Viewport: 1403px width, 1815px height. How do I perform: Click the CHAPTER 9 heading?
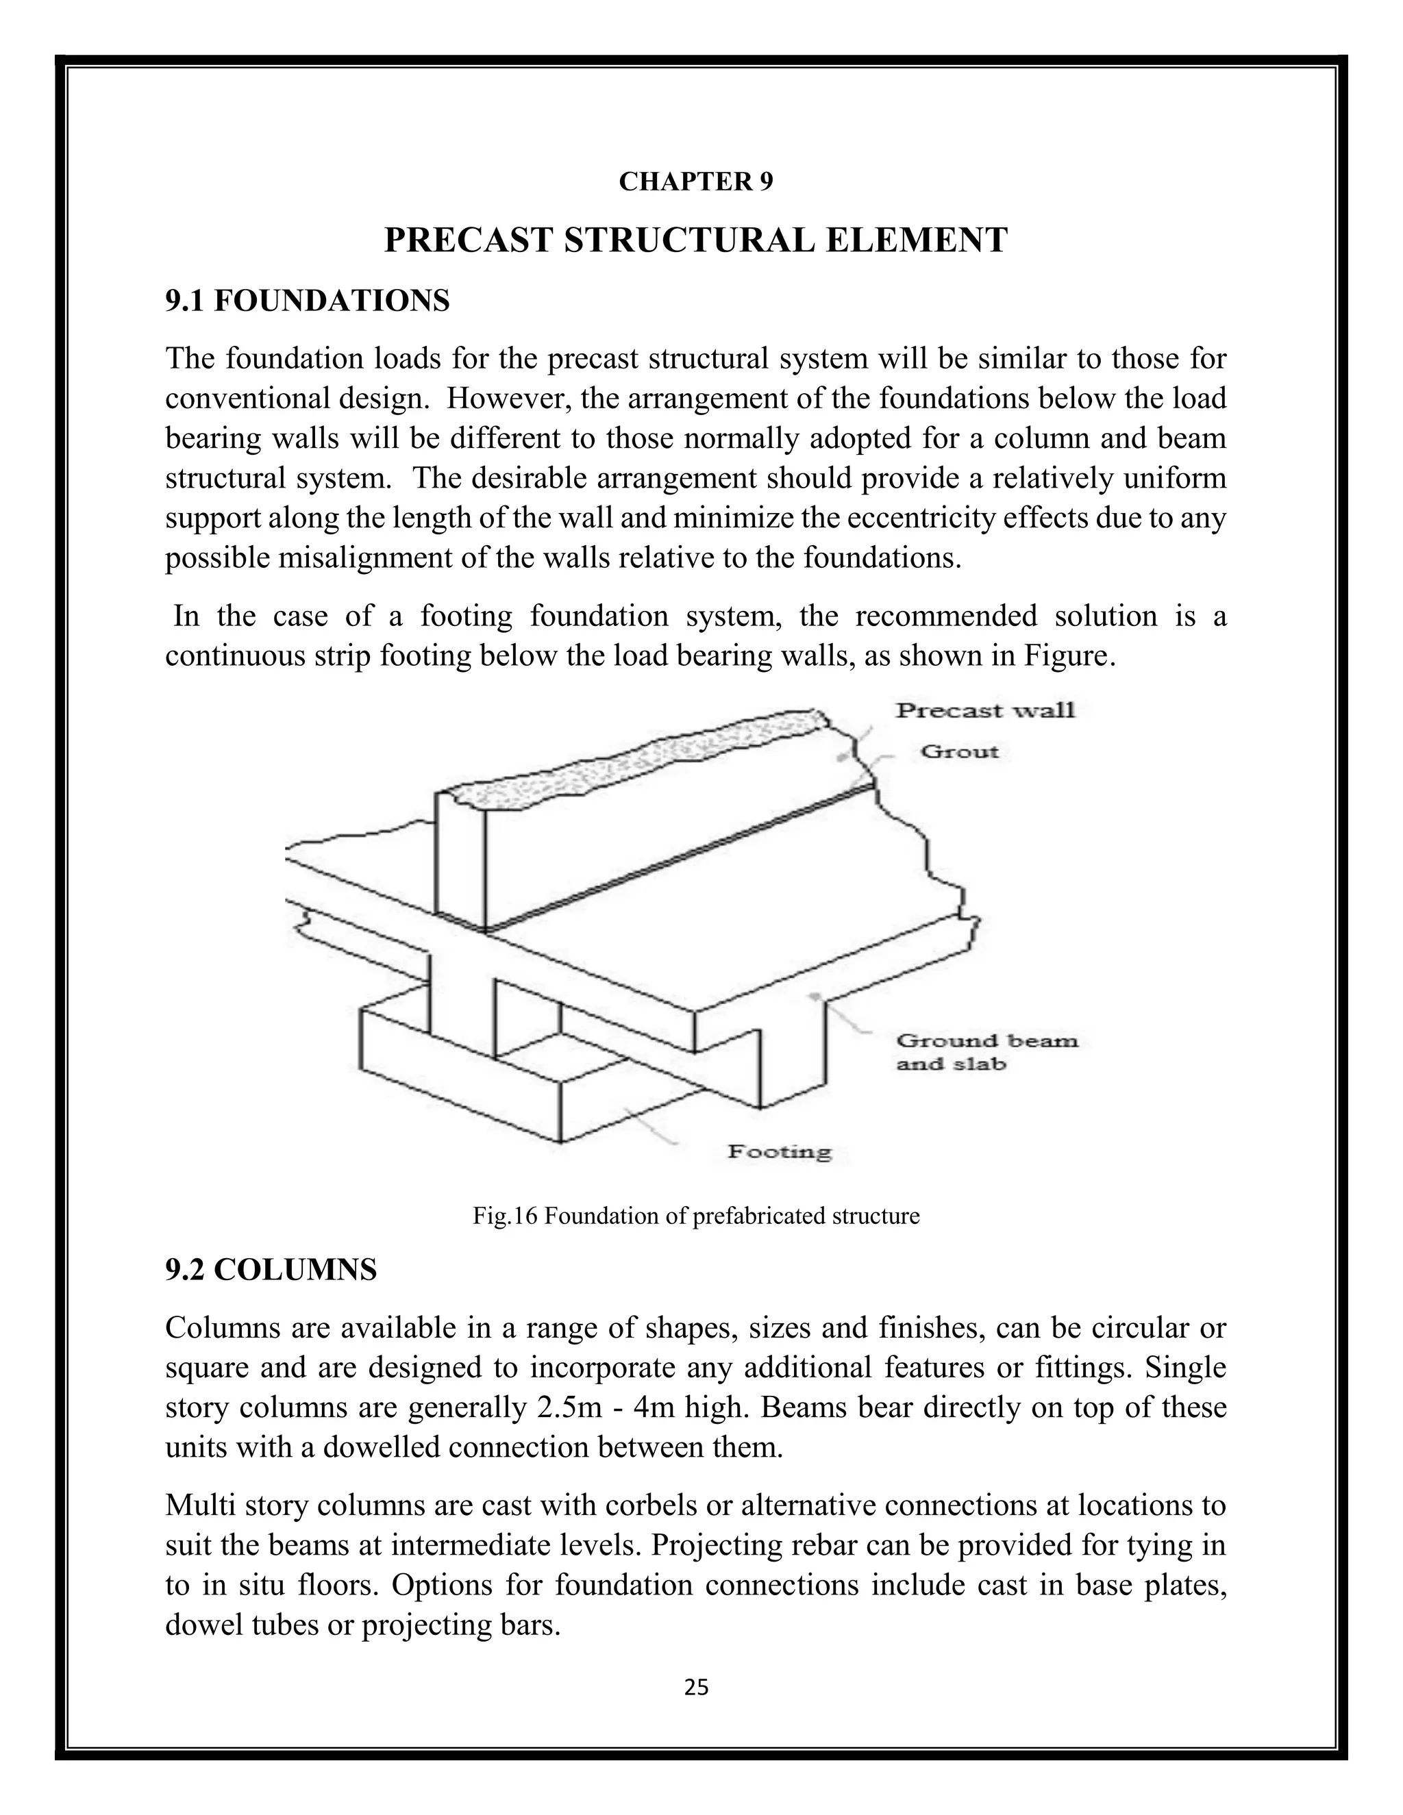[696, 182]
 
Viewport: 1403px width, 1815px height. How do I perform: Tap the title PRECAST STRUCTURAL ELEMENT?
[696, 240]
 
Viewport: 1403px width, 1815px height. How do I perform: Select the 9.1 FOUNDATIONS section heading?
[307, 300]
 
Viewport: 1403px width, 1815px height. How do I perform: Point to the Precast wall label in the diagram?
[985, 710]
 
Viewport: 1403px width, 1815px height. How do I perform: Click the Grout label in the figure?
[959, 752]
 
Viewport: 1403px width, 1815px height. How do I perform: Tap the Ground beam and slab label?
[986, 1052]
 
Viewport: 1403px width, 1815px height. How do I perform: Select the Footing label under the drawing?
[779, 1151]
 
